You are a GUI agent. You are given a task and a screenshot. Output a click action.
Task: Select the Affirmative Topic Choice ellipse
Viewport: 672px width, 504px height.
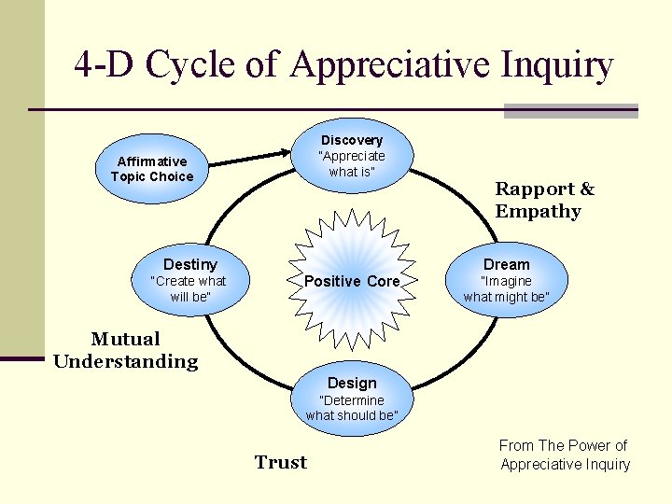(x=152, y=169)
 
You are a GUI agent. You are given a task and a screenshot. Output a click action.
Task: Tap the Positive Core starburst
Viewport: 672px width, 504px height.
(x=352, y=281)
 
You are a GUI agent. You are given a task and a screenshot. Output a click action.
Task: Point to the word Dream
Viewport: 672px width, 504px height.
(x=507, y=265)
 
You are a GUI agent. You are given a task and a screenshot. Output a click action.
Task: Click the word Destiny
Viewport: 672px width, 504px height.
(x=190, y=265)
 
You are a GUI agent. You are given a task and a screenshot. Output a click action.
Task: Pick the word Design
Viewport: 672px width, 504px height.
(x=352, y=384)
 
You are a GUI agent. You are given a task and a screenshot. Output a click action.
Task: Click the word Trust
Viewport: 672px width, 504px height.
(x=281, y=462)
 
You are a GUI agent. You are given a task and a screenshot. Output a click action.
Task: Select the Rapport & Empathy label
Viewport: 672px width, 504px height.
(x=544, y=200)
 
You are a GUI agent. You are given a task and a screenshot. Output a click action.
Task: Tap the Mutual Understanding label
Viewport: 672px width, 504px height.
(x=126, y=350)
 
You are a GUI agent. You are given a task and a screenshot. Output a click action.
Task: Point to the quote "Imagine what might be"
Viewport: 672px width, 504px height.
(x=507, y=289)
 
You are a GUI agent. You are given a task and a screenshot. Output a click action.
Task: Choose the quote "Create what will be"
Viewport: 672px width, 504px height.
(x=190, y=288)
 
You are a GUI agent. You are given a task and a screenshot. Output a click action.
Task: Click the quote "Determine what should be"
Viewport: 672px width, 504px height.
(x=352, y=408)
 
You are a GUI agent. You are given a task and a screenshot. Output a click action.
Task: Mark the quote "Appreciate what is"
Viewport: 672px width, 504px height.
(x=352, y=163)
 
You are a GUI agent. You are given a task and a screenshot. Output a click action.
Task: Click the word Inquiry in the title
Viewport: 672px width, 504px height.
(x=558, y=65)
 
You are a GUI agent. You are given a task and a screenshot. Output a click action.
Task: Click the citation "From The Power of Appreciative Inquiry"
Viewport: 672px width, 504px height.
(x=565, y=455)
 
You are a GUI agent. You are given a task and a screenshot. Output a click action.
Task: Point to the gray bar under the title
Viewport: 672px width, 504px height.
(x=570, y=111)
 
